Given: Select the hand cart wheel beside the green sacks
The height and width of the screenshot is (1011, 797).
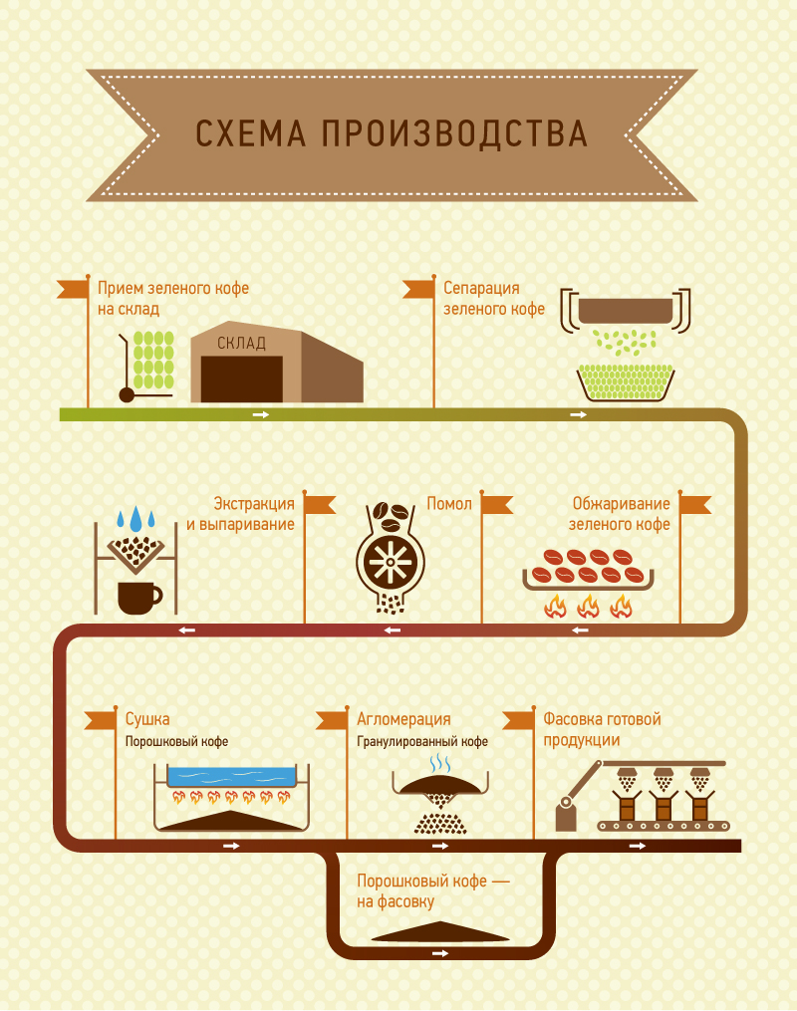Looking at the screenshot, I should (127, 394).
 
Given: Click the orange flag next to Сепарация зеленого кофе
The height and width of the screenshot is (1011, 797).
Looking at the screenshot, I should (419, 289).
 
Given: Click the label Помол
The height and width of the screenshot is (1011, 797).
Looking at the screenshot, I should (449, 504).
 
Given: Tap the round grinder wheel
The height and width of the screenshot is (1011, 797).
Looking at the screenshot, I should (391, 565).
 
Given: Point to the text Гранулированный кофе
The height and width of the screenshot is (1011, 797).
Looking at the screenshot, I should (422, 742).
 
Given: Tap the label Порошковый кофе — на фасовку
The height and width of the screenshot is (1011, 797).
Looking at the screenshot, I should (432, 891).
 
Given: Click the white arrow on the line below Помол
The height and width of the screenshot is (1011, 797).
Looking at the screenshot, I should (394, 630).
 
